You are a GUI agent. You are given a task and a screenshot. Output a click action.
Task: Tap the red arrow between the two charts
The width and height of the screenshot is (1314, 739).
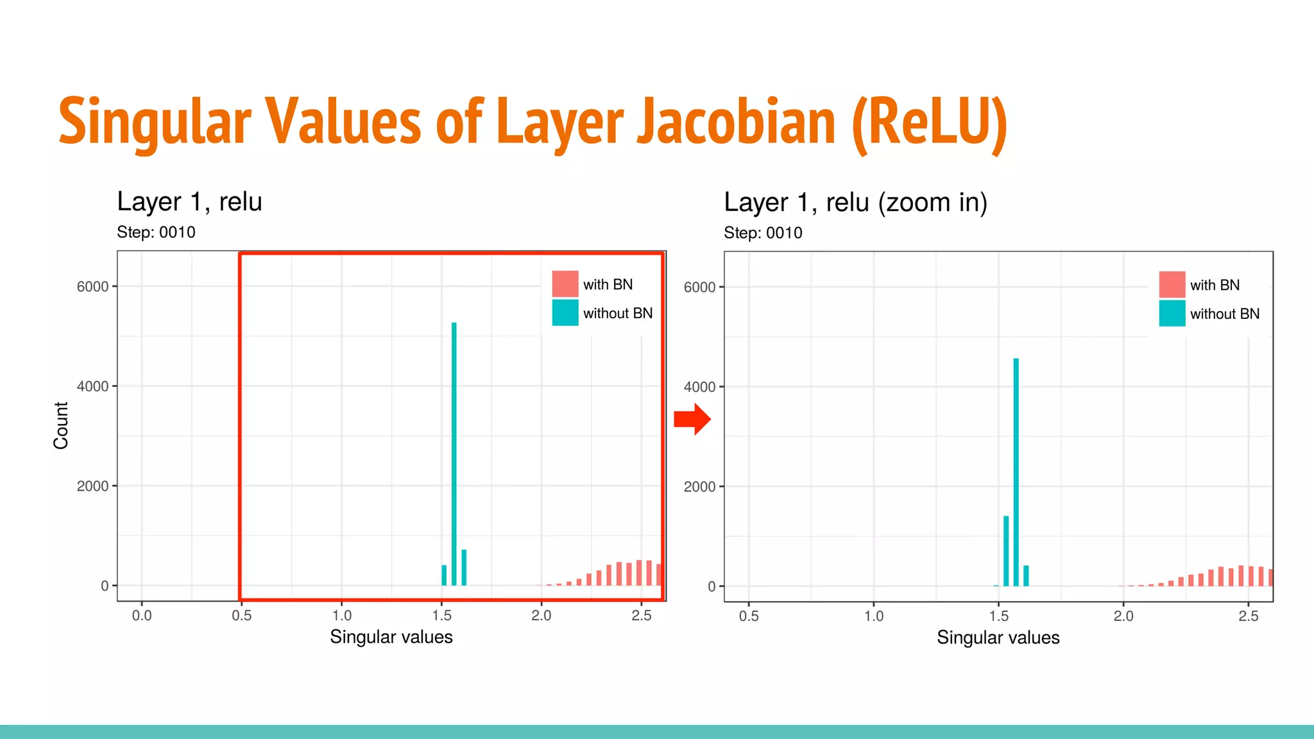click(x=692, y=420)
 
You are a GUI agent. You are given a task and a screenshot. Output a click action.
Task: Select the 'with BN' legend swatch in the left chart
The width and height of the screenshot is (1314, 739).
click(x=565, y=284)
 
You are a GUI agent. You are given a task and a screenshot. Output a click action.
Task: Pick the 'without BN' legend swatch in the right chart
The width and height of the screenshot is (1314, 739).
click(x=1172, y=314)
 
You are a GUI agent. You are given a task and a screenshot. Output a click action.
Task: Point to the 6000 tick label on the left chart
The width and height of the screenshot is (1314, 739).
click(x=92, y=287)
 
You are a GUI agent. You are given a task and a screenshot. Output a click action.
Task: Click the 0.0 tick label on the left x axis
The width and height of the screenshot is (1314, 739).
click(x=142, y=616)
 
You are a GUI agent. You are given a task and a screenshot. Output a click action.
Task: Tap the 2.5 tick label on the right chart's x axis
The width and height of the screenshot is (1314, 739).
click(x=1249, y=616)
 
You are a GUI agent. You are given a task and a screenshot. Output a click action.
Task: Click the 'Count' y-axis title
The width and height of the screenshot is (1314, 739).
click(x=61, y=425)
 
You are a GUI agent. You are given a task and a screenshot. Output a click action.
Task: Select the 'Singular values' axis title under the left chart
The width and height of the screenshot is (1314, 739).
click(x=391, y=637)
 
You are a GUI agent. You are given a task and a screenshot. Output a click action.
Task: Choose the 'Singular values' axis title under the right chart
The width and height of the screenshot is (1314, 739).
click(x=998, y=638)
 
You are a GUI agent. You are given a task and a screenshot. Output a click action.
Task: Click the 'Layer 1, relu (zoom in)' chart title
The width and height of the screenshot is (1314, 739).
click(x=855, y=203)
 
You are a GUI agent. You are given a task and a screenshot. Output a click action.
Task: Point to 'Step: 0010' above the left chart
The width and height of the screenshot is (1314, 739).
click(x=156, y=232)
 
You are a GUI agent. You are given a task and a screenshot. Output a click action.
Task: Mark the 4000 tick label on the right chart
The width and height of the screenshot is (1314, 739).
click(x=699, y=387)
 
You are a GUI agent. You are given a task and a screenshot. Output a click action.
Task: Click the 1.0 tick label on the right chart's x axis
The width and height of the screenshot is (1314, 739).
click(x=874, y=616)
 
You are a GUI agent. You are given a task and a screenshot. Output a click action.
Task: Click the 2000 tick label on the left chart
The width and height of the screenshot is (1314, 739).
click(x=92, y=486)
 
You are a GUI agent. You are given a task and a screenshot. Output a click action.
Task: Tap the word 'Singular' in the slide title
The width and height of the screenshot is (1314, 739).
click(x=155, y=122)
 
